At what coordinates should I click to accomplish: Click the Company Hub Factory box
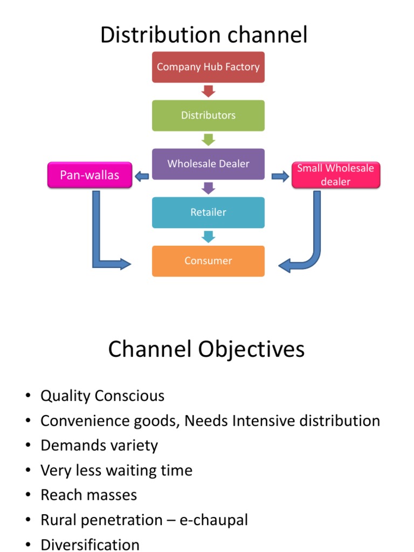[x=208, y=67]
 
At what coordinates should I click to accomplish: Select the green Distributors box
[x=208, y=115]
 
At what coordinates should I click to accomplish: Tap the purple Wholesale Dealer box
[x=208, y=164]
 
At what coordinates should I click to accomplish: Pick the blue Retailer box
[x=208, y=212]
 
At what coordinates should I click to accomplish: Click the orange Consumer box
[x=208, y=261]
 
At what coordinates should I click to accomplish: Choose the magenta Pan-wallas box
[x=89, y=175]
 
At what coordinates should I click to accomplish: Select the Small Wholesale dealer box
[x=335, y=175]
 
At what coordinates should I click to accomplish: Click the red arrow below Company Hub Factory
[x=208, y=91]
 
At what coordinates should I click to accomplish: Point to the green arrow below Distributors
[x=208, y=140]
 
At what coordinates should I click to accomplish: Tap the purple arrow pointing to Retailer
[x=208, y=188]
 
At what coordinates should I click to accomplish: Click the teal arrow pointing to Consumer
[x=208, y=237]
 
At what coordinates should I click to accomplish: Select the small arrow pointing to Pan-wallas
[x=142, y=176]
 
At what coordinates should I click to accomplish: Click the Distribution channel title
[x=204, y=35]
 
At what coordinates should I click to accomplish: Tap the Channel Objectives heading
[x=206, y=349]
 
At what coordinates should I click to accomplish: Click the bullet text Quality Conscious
[x=102, y=396]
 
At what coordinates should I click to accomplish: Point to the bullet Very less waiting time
[x=116, y=471]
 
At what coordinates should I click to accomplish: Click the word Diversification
[x=90, y=544]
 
